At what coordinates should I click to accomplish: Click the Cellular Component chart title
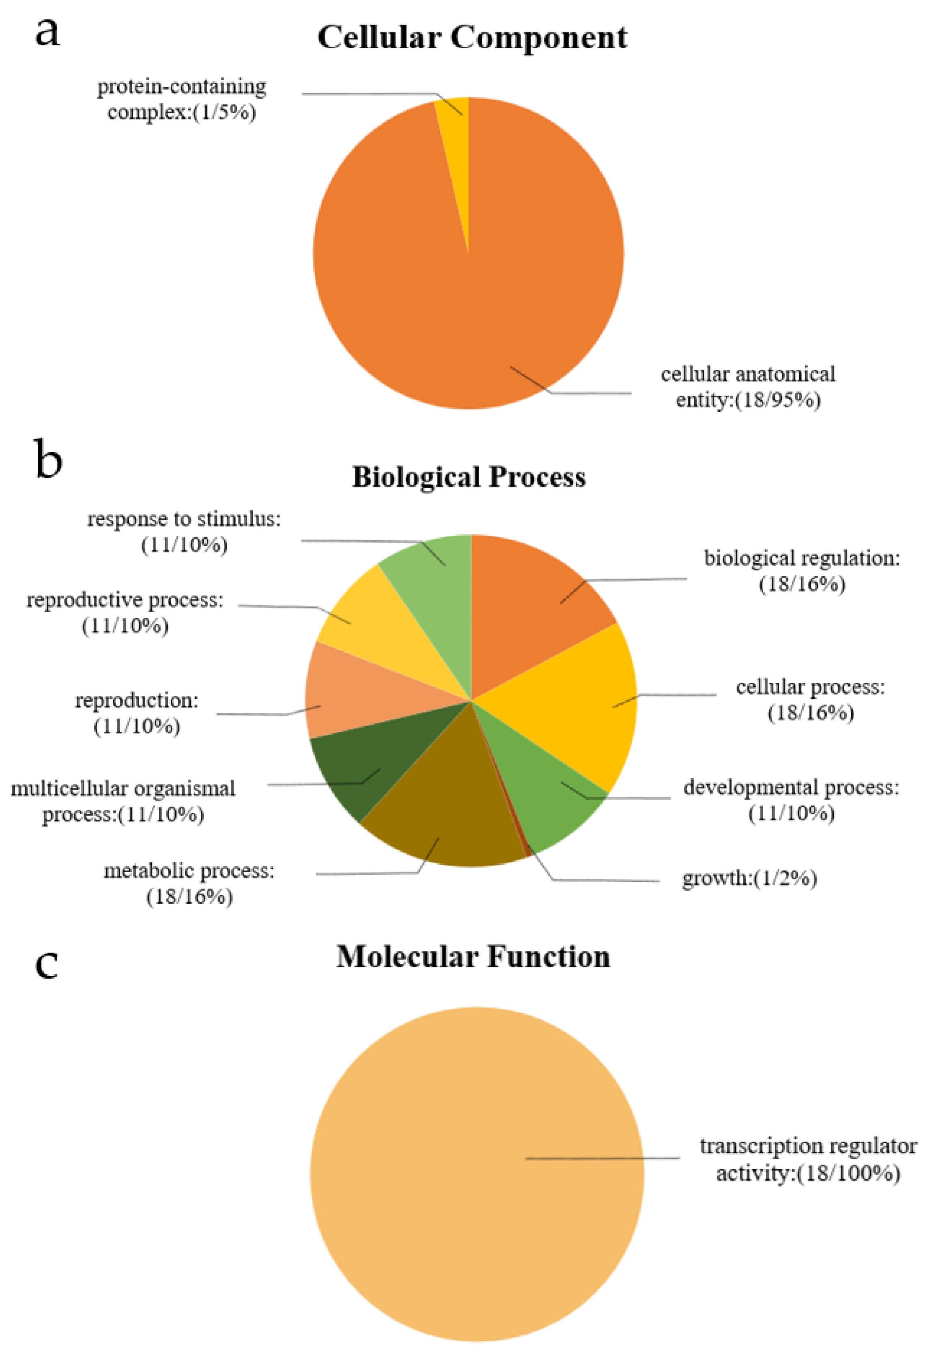472,38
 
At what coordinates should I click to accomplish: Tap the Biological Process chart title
468,477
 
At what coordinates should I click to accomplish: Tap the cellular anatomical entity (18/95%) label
748,387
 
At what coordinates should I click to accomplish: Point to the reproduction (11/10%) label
136,712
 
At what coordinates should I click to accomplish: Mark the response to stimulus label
184,531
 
